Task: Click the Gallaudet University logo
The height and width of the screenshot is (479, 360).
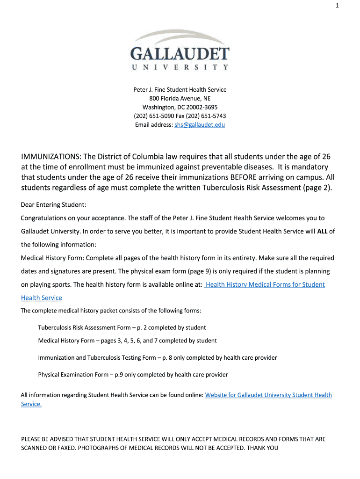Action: [180, 50]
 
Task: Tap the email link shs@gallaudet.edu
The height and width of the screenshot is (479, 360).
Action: [200, 125]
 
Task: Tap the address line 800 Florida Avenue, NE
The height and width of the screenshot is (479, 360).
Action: [180, 98]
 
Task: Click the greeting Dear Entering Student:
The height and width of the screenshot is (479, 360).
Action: [54, 205]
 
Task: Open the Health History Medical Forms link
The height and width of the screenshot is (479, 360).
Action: [265, 284]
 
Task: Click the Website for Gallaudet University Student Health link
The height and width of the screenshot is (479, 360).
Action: [268, 395]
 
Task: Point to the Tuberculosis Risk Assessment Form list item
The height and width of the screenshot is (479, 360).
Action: [122, 327]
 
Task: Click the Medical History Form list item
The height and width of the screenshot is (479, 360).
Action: [127, 341]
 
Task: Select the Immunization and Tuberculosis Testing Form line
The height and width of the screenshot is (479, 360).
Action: [157, 358]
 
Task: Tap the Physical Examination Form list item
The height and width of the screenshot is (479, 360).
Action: [133, 375]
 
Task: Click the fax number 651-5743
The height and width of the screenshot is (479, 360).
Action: [215, 116]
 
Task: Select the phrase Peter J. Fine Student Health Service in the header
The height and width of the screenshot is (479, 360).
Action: [180, 89]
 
